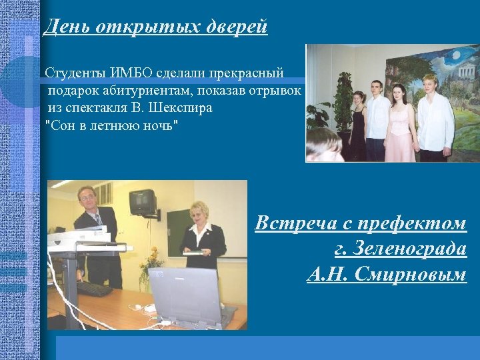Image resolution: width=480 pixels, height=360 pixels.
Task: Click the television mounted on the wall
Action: click(143, 201)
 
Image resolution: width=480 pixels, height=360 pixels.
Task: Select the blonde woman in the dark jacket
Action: click(203, 237)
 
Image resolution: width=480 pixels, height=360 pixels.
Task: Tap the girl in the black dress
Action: click(358, 127)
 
